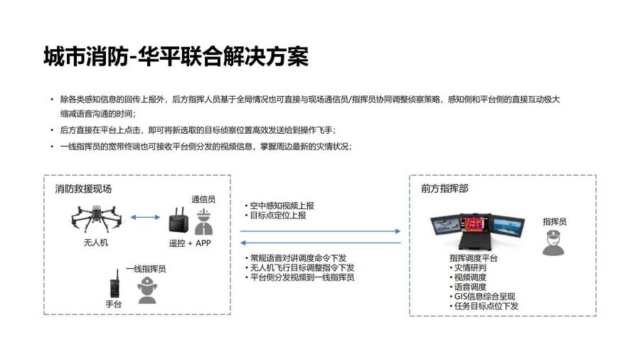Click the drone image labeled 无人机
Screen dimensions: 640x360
click(x=96, y=219)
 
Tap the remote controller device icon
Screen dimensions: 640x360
click(x=178, y=221)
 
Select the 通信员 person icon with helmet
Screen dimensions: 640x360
click(x=203, y=222)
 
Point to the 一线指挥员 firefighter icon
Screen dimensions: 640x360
click(x=147, y=290)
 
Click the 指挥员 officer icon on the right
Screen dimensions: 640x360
click(x=553, y=243)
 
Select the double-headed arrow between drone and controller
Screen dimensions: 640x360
click(x=145, y=217)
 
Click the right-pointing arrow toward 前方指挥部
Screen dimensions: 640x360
click(x=321, y=231)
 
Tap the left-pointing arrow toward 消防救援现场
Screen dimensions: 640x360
click(x=321, y=243)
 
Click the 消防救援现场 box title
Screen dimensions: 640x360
click(x=83, y=189)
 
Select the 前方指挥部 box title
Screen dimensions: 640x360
click(x=444, y=188)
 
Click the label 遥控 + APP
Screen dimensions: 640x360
click(x=190, y=243)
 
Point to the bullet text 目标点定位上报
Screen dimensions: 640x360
click(x=278, y=215)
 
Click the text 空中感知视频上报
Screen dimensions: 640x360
click(x=282, y=206)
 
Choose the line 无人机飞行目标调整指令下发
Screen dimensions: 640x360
click(x=302, y=268)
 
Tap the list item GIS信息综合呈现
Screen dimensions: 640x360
click(x=484, y=297)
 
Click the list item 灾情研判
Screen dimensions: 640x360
click(x=470, y=268)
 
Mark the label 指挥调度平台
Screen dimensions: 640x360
click(x=474, y=258)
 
